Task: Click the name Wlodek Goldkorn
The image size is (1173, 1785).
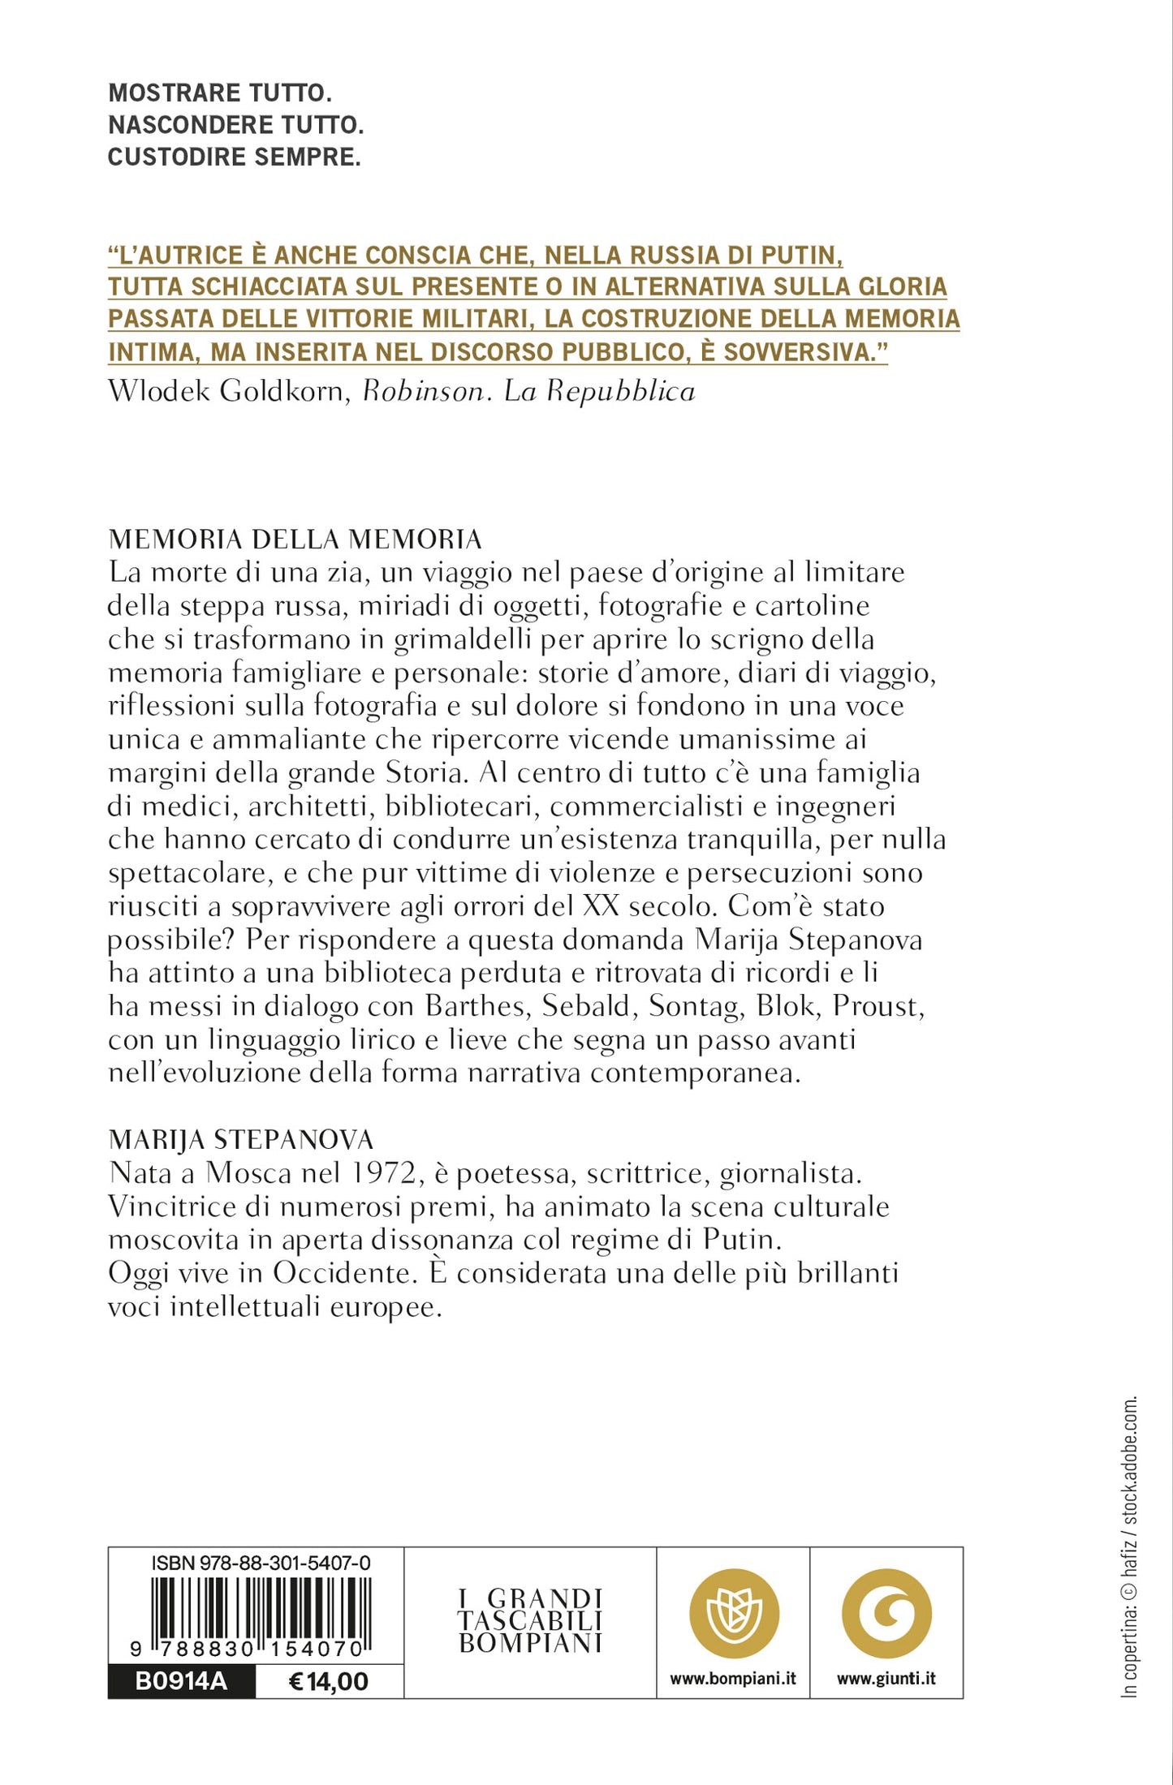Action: click(226, 392)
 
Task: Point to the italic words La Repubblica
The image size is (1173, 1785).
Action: click(600, 392)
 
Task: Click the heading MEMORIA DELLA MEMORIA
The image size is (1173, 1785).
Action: click(295, 540)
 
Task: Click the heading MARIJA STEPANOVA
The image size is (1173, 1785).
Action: click(240, 1140)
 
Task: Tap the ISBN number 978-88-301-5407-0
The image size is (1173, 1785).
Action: click(261, 1563)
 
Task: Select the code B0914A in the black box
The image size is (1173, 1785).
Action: click(181, 1681)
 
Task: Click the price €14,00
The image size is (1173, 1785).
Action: click(329, 1681)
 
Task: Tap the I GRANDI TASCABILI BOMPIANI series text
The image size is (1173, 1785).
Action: click(530, 1621)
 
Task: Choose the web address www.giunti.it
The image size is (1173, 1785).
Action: click(886, 1679)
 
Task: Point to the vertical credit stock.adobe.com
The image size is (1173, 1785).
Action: click(1130, 1461)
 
